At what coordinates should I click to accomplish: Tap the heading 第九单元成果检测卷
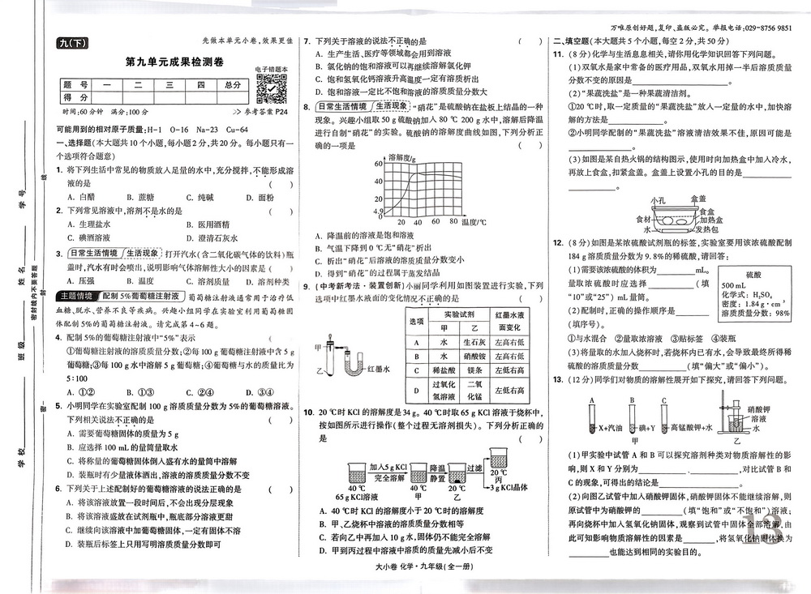(174, 64)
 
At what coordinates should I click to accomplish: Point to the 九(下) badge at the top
(71, 44)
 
